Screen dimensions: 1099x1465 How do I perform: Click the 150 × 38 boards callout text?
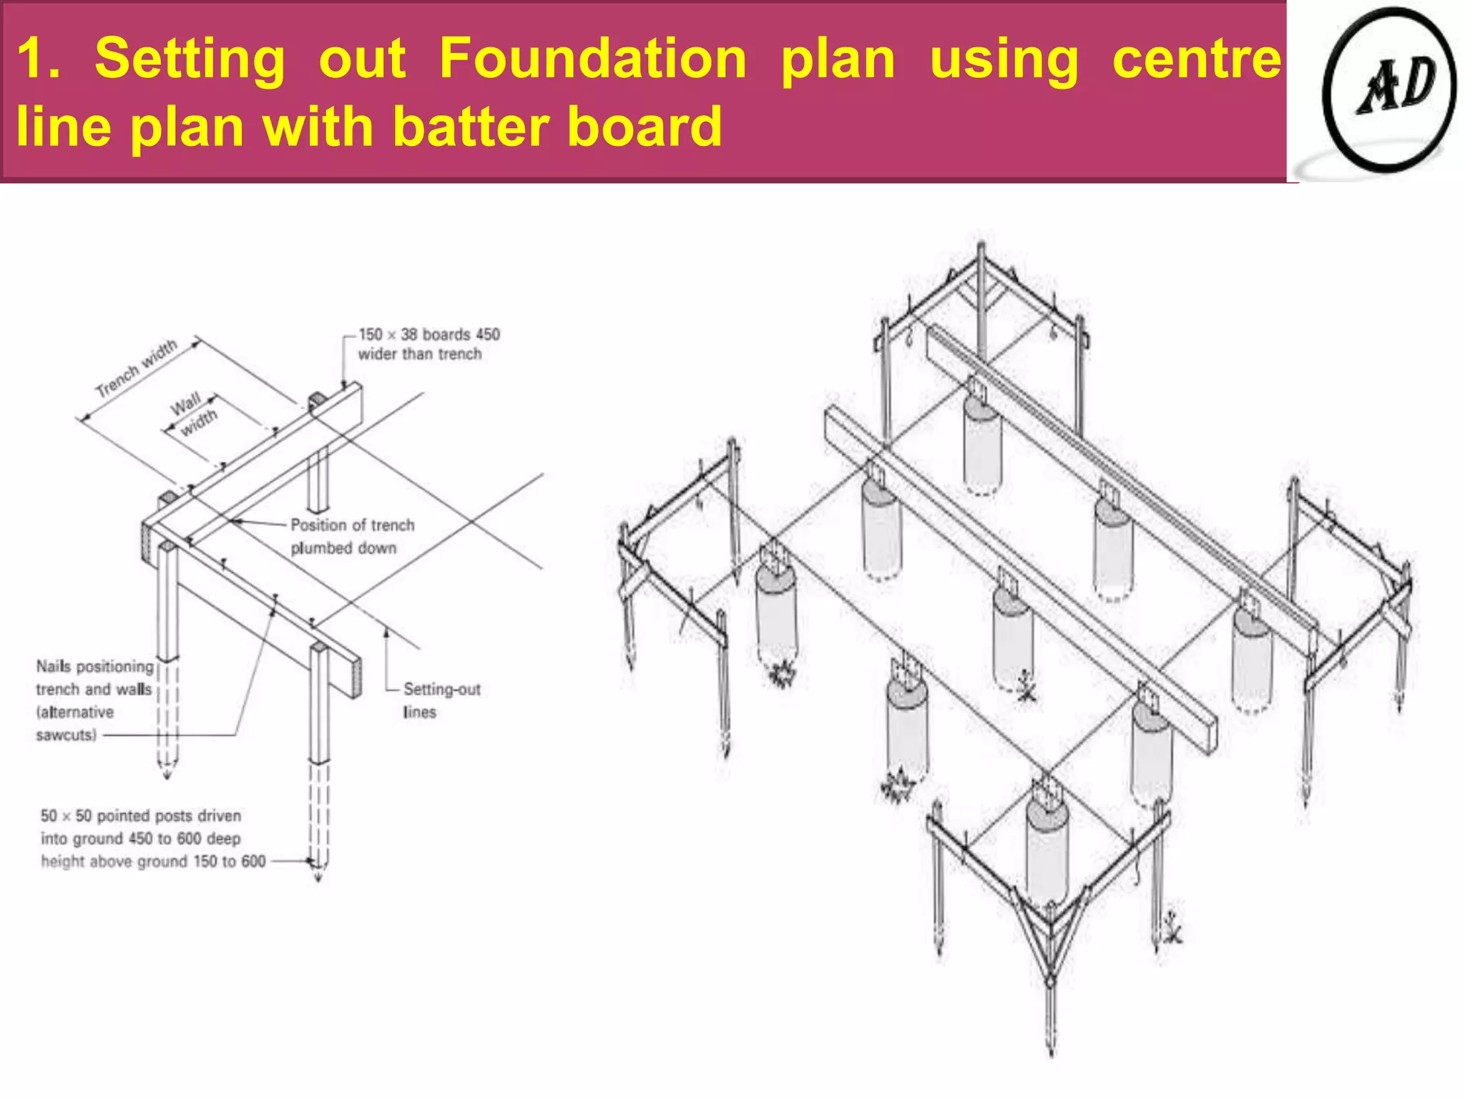click(428, 335)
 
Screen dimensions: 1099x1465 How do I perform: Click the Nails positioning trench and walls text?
click(94, 678)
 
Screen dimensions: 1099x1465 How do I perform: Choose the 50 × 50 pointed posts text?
click(140, 816)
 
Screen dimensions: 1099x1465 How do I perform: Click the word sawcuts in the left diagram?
click(65, 735)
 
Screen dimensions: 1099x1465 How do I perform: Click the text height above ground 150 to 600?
click(152, 861)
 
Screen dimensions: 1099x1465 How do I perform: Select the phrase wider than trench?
click(419, 354)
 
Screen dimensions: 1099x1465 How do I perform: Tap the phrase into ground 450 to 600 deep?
click(140, 839)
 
